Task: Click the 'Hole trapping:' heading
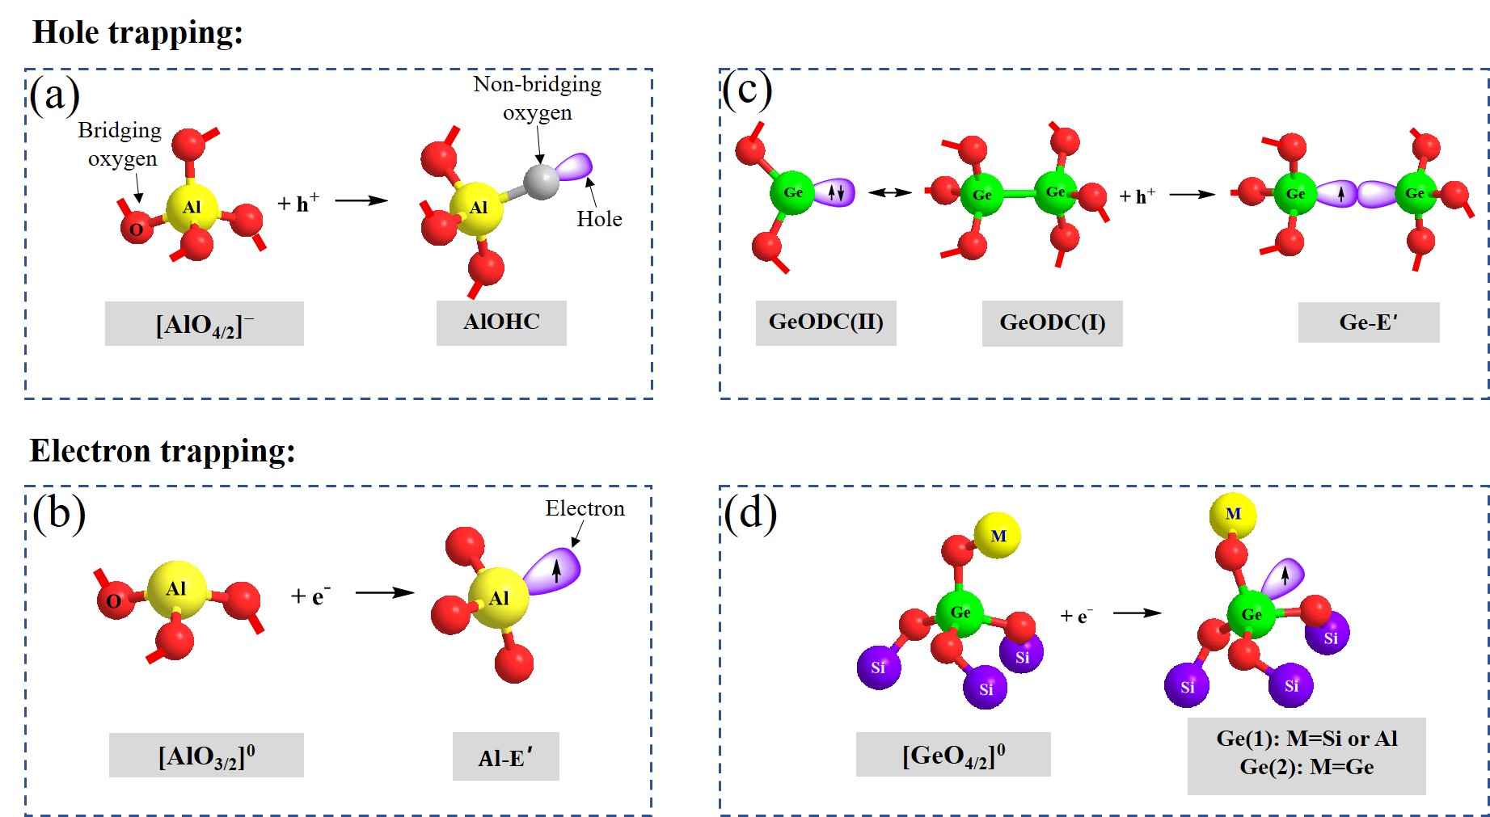click(137, 33)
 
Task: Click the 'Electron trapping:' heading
click(163, 451)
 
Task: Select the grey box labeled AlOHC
click(501, 322)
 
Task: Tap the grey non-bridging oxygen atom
click(541, 181)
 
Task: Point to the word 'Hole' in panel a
click(599, 219)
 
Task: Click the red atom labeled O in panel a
click(136, 230)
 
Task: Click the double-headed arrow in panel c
click(889, 192)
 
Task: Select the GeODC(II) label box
click(825, 322)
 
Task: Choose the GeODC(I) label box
click(1052, 323)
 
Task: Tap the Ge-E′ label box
click(1368, 322)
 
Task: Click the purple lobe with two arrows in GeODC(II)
click(836, 192)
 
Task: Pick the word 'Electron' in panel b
click(585, 508)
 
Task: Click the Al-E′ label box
click(505, 757)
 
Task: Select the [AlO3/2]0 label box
click(206, 756)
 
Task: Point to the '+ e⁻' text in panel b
click(310, 596)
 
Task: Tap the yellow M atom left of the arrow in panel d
click(998, 536)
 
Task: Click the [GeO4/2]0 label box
click(953, 755)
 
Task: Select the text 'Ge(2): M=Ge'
click(1306, 767)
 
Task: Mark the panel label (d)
click(750, 512)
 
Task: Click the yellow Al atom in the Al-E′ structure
click(498, 598)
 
